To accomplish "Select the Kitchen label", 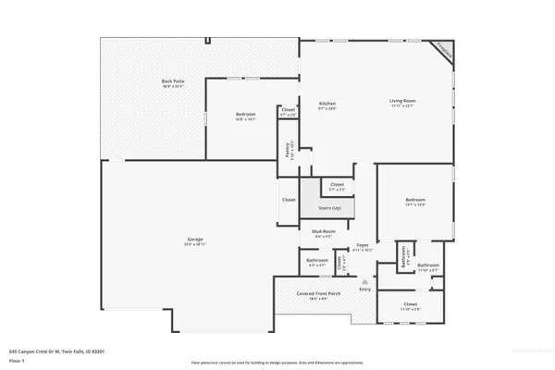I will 327,105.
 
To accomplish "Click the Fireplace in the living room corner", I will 444,52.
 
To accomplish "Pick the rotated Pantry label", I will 289,148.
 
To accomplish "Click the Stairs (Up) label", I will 331,208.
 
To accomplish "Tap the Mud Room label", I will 322,235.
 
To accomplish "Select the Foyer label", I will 363,246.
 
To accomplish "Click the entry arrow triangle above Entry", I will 365,280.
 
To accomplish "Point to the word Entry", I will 365,290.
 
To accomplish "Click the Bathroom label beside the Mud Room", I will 317,262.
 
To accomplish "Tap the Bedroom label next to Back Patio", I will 245,115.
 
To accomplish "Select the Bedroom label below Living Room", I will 414,201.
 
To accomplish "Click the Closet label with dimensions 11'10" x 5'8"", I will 411,305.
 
